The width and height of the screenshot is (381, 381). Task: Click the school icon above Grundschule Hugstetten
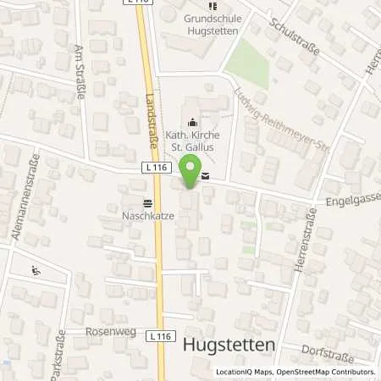point(212,7)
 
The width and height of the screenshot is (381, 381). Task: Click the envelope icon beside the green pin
point(207,177)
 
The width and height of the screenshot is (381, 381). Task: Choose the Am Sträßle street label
point(81,72)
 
